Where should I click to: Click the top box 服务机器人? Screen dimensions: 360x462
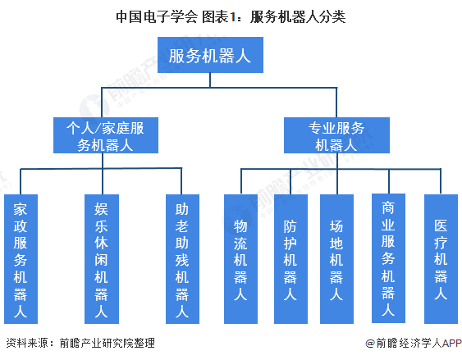click(x=209, y=56)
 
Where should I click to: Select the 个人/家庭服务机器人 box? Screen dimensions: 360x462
click(x=104, y=135)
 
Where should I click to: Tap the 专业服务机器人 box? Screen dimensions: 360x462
click(x=336, y=135)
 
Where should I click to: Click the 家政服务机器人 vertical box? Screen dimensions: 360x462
click(x=21, y=257)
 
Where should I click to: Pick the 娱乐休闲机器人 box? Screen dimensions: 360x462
click(x=101, y=257)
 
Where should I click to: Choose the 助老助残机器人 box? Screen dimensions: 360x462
click(x=181, y=257)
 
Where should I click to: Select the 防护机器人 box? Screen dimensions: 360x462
click(x=289, y=257)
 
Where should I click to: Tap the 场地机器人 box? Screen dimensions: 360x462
click(x=336, y=257)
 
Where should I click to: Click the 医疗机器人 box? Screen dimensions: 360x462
click(x=440, y=257)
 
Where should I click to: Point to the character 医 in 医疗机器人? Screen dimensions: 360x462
click(x=440, y=224)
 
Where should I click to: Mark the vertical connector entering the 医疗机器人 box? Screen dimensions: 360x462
click(x=440, y=182)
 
